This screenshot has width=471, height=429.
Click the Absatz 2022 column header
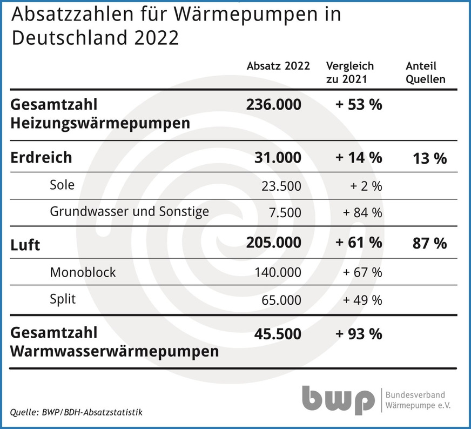pos(278,66)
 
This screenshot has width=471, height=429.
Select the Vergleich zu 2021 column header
pos(350,72)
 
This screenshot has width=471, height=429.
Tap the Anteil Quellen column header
pos(426,72)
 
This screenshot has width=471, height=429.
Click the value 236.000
pos(274,104)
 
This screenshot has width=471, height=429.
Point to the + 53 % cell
pos(359,104)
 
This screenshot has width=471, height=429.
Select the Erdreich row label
pos(41,158)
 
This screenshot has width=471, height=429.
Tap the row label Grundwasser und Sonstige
pos(129,211)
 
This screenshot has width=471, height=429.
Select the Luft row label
pos(25,244)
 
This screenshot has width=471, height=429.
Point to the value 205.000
pos(274,243)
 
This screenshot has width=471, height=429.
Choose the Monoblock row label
pos(83,272)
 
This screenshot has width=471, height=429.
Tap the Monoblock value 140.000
pos(278,272)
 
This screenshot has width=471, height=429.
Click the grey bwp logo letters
pos(338,399)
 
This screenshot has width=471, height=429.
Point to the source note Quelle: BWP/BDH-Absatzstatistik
pos(76,413)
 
